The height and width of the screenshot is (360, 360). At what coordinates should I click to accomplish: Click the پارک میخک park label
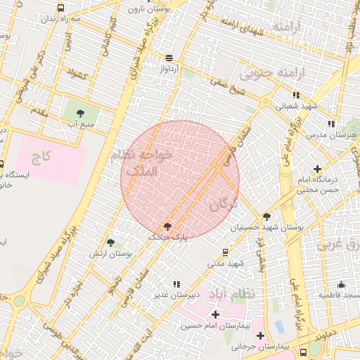(x=168, y=238)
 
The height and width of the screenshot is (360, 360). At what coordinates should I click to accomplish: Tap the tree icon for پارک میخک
(x=167, y=226)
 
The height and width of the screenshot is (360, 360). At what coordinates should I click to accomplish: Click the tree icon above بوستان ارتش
(x=110, y=243)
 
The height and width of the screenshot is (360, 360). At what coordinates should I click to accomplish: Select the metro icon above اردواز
(x=169, y=58)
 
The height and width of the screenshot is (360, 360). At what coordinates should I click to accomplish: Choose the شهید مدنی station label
(x=225, y=264)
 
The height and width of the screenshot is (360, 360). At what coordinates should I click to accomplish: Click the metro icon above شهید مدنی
(x=225, y=252)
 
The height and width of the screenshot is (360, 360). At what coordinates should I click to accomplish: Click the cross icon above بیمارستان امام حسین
(x=215, y=314)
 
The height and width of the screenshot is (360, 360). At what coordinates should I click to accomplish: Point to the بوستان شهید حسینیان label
(x=266, y=228)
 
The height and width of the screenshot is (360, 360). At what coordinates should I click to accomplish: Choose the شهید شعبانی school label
(x=296, y=106)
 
